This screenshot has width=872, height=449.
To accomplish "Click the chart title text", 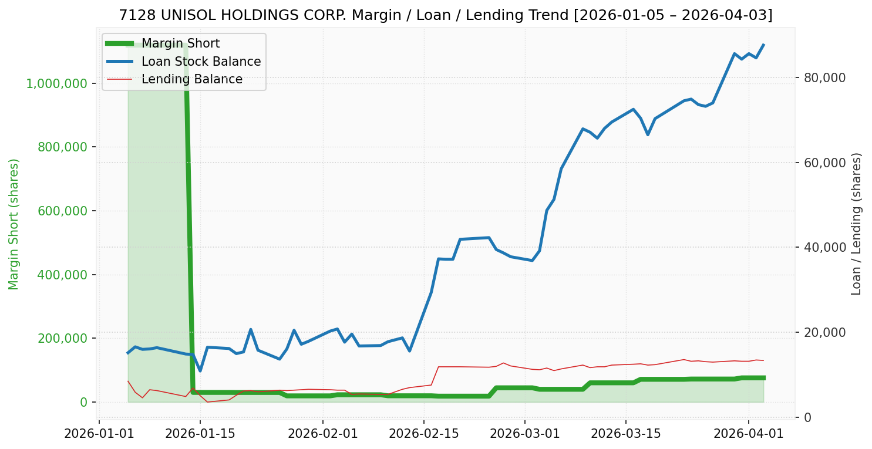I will click(446, 15).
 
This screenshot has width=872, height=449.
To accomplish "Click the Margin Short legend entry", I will click(180, 44).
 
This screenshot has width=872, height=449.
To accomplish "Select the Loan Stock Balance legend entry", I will click(201, 62).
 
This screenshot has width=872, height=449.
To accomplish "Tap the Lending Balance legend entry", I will click(191, 79).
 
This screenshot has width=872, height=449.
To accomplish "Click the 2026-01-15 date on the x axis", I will click(200, 434).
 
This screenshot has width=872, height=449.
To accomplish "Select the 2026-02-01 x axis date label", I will click(323, 434).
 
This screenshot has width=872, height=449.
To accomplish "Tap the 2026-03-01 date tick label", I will click(524, 434).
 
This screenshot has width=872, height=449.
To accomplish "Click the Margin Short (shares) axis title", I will click(14, 224).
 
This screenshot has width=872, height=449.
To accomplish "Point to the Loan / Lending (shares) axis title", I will click(856, 224).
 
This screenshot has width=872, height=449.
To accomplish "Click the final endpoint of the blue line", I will click(763, 45).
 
